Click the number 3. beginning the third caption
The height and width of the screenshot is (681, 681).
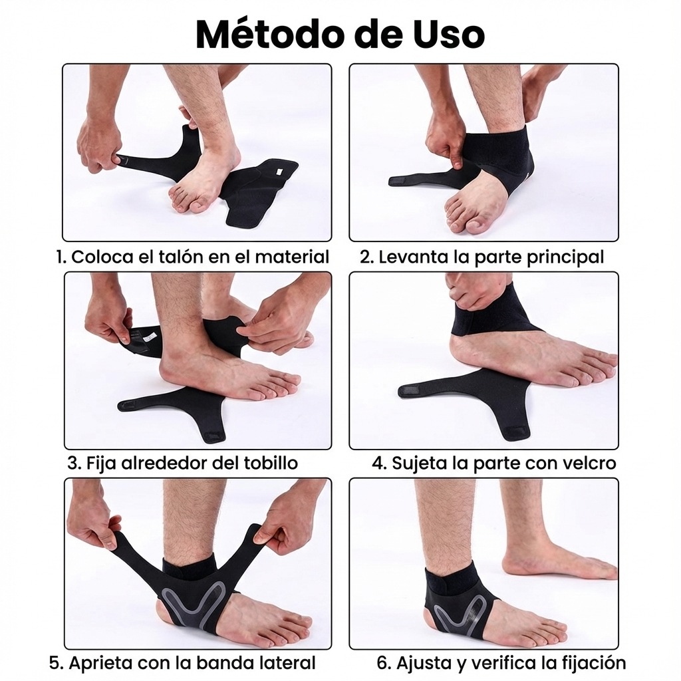74,462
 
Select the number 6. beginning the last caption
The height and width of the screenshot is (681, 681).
384,662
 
